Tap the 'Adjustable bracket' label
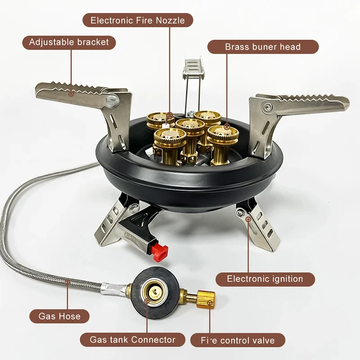tap(69, 43)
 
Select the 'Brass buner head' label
tap(263, 47)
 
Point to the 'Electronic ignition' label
tap(265, 279)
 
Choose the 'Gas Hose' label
tap(59, 316)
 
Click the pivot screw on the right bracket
tap(269, 107)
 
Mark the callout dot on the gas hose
tap(68, 283)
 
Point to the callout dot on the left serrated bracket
tap(71, 94)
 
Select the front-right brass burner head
tap(222, 134)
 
